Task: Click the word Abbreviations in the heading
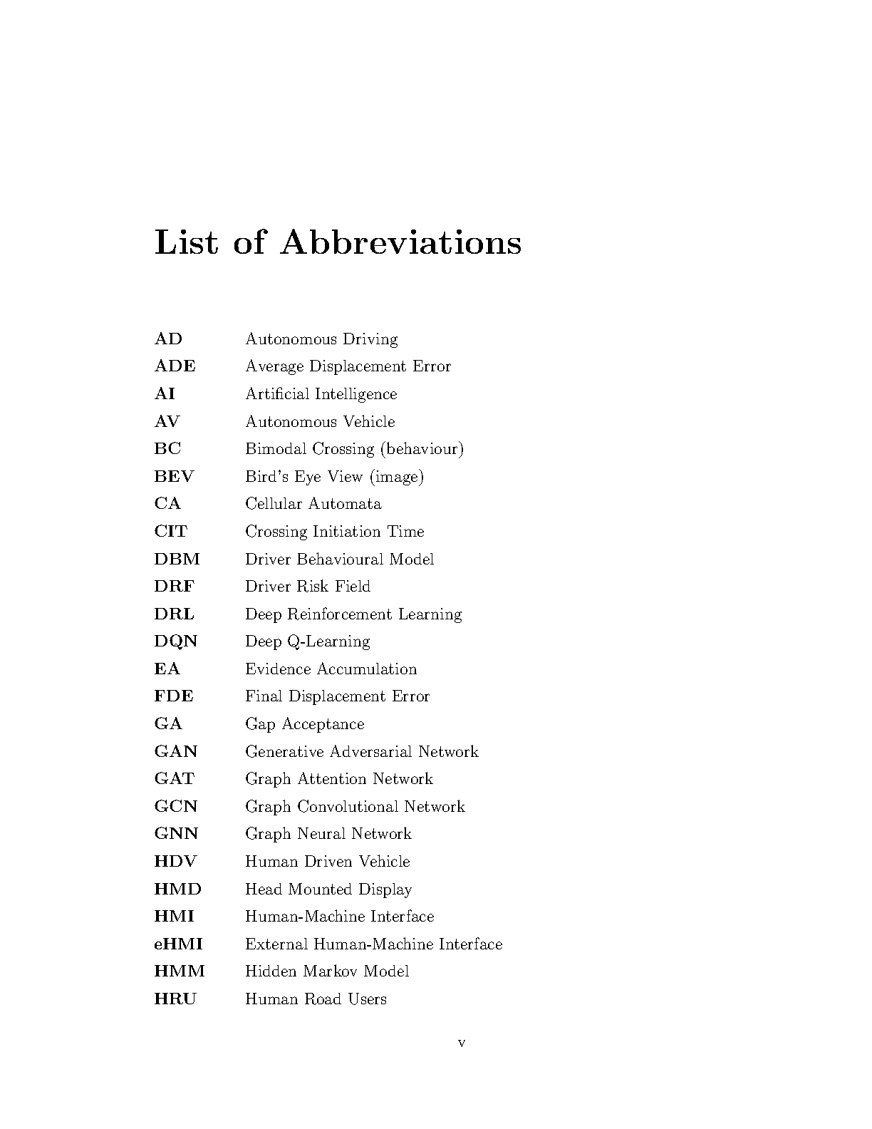[401, 242]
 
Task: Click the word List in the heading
[186, 242]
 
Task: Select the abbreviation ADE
[175, 366]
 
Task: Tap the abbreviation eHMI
[178, 944]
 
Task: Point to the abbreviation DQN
[175, 641]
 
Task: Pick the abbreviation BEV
[174, 477]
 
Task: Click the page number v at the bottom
[462, 1043]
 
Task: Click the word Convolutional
[348, 807]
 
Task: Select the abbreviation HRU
[175, 999]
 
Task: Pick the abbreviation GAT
[174, 779]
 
